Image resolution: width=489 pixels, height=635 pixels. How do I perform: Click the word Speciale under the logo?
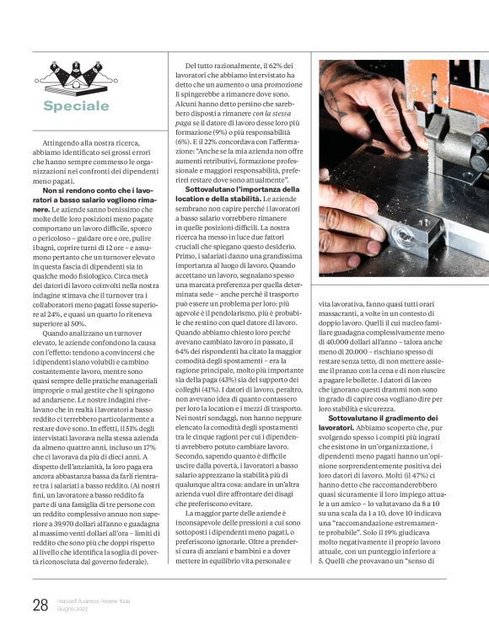[x=76, y=106]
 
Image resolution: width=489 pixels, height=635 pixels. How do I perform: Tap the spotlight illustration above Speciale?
[x=75, y=77]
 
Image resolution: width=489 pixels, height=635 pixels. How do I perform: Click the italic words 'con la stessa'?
[x=273, y=112]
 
